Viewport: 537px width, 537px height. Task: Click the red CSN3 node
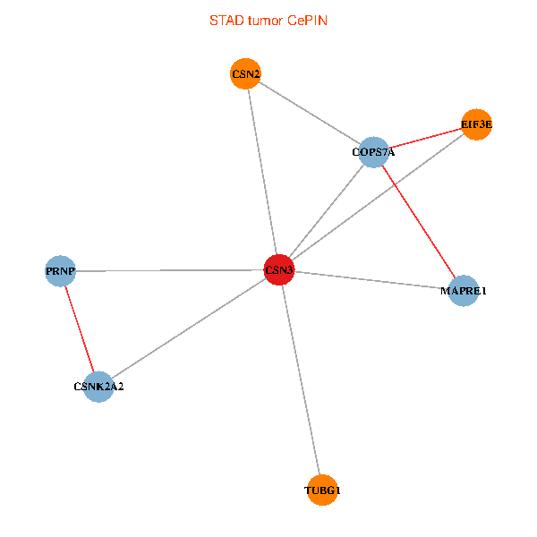279,270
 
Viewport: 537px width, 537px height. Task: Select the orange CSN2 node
245,74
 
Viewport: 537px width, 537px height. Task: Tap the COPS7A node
373,152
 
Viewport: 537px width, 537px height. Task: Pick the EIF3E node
476,124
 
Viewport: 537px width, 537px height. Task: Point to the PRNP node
60,270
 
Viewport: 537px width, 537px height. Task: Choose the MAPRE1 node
464,291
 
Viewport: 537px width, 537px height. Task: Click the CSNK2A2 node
98,387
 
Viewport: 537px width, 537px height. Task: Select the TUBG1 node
322,490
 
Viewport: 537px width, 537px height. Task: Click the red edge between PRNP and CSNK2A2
79,328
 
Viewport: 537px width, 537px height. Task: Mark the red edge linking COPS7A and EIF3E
424,139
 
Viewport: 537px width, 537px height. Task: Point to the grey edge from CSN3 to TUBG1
301,379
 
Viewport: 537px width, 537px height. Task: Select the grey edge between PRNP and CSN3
170,270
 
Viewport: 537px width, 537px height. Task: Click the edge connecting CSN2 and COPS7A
309,113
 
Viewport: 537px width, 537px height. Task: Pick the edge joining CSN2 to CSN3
262,172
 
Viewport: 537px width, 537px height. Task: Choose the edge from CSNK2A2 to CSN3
189,328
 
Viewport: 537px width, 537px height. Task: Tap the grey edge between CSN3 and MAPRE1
371,280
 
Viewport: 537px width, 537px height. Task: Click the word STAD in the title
226,20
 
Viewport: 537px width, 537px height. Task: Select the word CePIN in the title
307,20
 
